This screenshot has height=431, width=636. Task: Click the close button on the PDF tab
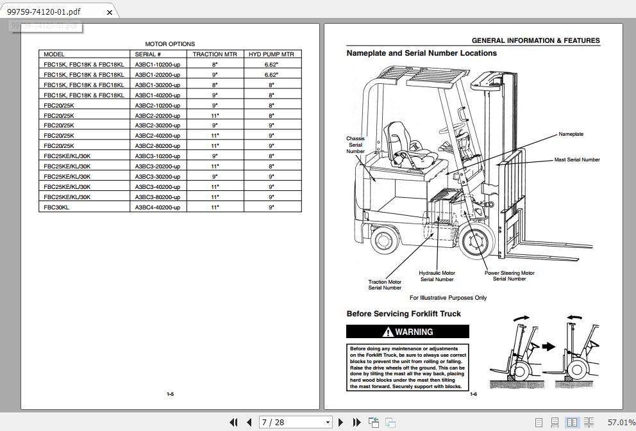tap(110, 12)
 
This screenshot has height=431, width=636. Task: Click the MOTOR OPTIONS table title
tap(170, 44)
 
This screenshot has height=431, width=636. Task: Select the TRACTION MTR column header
tap(215, 54)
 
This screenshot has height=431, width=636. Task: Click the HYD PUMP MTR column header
tap(271, 54)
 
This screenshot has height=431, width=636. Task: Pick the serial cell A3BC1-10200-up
tap(158, 65)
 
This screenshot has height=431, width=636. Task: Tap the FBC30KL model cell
tap(56, 207)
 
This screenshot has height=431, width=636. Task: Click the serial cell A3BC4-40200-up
tap(158, 207)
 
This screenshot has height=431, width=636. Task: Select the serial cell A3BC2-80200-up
tap(158, 146)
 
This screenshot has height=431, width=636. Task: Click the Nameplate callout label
tap(571, 134)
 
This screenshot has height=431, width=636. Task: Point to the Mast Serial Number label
tap(577, 159)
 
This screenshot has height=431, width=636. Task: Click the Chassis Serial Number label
tap(355, 145)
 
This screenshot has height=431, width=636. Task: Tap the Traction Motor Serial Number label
tap(385, 284)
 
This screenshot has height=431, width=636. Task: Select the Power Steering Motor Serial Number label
tap(509, 275)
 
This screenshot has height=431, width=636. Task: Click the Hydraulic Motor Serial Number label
tap(437, 276)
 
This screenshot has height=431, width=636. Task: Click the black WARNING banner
tap(408, 332)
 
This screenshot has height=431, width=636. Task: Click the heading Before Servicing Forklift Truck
tap(403, 314)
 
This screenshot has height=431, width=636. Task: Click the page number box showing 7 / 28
tap(295, 422)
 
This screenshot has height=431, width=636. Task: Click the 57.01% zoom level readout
tap(621, 423)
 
